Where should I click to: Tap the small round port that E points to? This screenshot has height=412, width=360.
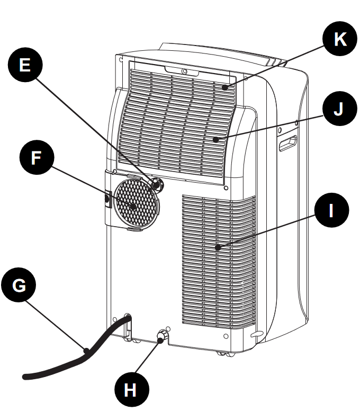pyautogui.click(x=157, y=184)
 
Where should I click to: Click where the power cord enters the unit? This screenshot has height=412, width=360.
pyautogui.click(x=128, y=320)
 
